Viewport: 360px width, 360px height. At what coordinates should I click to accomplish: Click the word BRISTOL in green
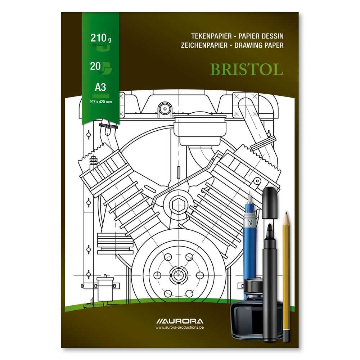pos(247,69)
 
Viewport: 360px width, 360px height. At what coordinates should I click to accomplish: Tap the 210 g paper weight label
pos(101,38)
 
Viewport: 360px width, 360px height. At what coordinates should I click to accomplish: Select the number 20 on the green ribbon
pos(95,66)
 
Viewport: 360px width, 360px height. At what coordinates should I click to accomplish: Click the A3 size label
pos(100,87)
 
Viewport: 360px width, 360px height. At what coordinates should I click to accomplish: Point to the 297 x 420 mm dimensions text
pos(100,102)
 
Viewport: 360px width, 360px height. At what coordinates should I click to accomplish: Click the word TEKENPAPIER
pos(211,36)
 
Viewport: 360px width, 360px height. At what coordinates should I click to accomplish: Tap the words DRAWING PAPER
pos(259,45)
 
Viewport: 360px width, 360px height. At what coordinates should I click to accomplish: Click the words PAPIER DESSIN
pos(261,36)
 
